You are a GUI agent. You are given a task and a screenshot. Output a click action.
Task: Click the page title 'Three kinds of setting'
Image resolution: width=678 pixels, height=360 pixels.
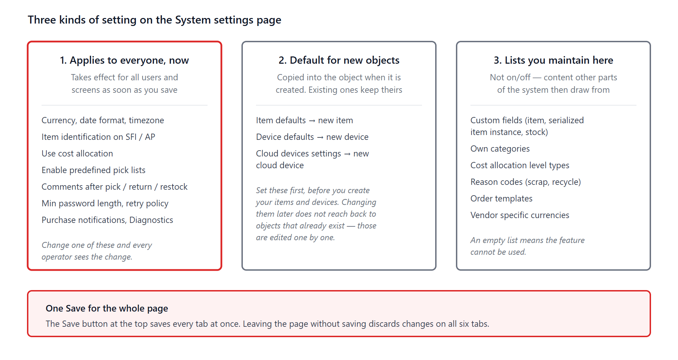82,20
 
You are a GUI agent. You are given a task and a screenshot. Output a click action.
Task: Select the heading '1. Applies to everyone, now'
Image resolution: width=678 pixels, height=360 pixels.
125,60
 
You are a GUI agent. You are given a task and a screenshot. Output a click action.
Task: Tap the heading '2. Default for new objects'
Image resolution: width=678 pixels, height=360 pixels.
339,60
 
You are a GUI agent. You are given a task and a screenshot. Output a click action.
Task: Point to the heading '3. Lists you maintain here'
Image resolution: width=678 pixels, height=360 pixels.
553,60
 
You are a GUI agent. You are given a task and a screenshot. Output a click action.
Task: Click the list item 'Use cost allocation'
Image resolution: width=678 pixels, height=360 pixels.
77,153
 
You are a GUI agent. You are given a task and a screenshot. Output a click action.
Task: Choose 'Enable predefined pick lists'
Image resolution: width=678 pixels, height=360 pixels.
93,170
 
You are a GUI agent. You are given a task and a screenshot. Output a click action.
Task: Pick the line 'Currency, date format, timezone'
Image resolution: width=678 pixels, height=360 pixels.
103,120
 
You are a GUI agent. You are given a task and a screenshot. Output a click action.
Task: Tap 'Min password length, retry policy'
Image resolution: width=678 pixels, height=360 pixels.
105,204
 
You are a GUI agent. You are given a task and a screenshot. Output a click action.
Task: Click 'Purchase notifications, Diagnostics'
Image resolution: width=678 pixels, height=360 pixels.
107,220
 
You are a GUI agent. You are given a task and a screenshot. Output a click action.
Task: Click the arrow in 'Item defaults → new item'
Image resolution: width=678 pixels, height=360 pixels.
312,120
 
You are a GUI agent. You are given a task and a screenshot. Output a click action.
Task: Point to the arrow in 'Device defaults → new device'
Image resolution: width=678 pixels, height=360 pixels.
320,137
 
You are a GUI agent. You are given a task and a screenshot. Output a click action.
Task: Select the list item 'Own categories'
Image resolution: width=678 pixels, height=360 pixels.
500,149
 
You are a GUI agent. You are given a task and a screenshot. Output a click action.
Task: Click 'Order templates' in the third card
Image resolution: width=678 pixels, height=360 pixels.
501,199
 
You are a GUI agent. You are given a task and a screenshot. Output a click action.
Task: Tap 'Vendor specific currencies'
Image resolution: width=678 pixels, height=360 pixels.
520,215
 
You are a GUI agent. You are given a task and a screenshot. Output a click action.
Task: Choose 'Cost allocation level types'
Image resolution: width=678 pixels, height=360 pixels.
520,165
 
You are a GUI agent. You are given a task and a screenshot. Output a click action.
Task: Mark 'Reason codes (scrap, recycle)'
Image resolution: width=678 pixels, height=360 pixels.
525,182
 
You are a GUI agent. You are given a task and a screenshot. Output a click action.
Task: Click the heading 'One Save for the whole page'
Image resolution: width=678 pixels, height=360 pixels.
107,308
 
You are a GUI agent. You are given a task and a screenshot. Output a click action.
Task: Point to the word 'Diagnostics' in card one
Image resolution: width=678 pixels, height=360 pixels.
151,220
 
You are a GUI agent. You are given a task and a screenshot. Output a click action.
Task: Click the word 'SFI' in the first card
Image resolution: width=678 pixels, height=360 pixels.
131,137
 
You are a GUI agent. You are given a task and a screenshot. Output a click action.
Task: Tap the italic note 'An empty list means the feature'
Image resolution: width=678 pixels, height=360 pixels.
528,240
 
